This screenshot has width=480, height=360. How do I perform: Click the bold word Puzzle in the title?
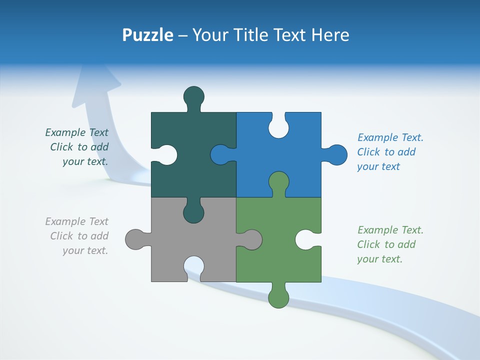[x=148, y=35]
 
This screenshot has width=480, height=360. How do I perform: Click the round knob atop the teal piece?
[x=194, y=96]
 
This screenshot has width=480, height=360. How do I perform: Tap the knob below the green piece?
[x=278, y=297]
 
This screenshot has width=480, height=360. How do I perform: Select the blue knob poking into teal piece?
[x=220, y=154]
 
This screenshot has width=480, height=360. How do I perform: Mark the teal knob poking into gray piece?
[x=194, y=212]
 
